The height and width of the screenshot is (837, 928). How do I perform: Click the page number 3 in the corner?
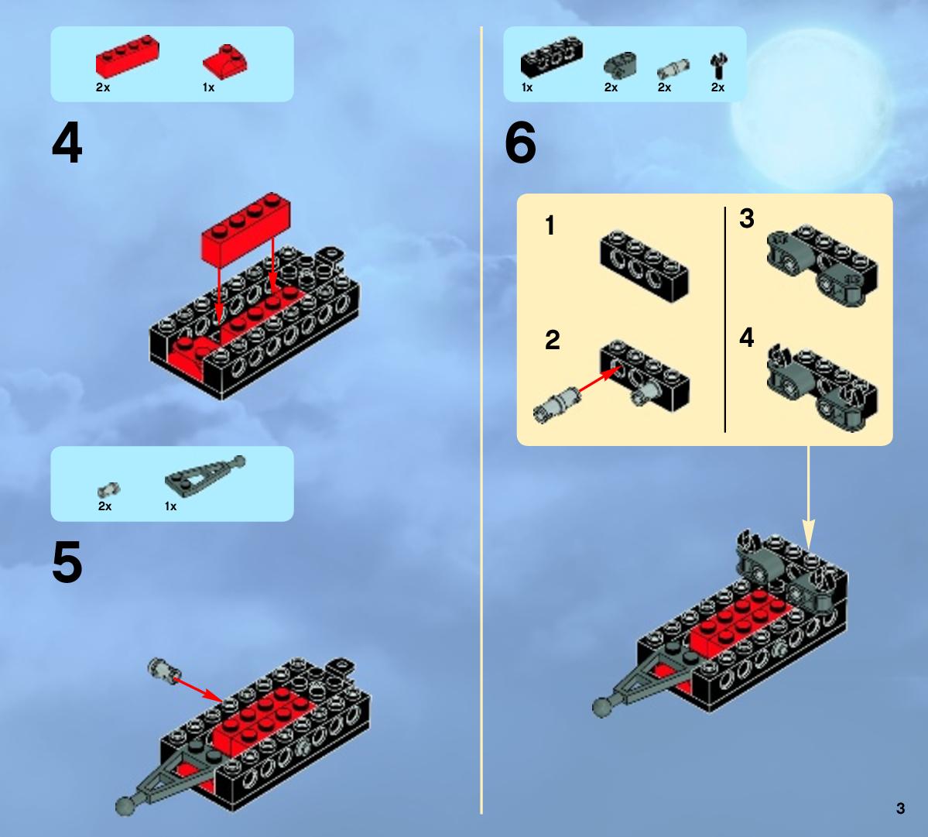pyautogui.click(x=900, y=808)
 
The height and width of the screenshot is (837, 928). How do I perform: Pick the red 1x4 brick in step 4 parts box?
pyautogui.click(x=127, y=57)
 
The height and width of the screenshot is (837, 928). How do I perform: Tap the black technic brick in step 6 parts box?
pyautogui.click(x=552, y=57)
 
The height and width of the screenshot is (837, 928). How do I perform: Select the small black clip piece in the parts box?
pyautogui.click(x=718, y=66)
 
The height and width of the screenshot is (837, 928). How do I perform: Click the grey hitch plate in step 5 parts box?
pyautogui.click(x=205, y=474)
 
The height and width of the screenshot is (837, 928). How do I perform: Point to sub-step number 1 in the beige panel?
pyautogui.click(x=550, y=225)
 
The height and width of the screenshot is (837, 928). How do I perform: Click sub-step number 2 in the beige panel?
pyautogui.click(x=552, y=340)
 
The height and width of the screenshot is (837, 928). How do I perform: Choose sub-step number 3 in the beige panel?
pyautogui.click(x=746, y=218)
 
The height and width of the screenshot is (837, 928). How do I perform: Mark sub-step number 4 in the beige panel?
pyautogui.click(x=746, y=338)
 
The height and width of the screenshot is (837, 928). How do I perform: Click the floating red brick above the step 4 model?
pyautogui.click(x=245, y=228)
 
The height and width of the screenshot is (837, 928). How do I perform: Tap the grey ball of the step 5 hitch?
pyautogui.click(x=125, y=806)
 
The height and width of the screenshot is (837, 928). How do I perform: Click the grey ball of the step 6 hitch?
pyautogui.click(x=602, y=708)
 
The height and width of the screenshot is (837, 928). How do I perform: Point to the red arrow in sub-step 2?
pyautogui.click(x=598, y=380)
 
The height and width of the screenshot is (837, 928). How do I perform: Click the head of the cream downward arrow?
pyautogui.click(x=809, y=533)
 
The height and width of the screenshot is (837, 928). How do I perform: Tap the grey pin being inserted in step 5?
pyautogui.click(x=164, y=669)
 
